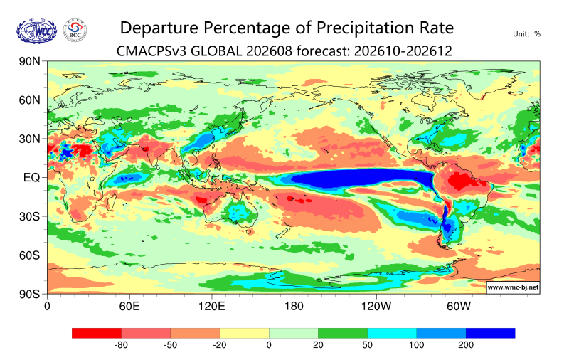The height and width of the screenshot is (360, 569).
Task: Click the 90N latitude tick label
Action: pos(29,61)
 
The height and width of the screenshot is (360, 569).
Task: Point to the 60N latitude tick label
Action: pos(29,100)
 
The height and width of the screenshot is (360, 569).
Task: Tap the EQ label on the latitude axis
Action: pos(31,178)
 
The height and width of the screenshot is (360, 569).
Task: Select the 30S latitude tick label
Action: pos(29,217)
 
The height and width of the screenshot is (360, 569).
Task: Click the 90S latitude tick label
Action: pos(29,294)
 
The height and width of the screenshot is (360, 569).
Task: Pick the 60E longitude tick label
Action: pos(129,307)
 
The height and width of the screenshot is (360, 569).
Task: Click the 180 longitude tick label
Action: pos(294,307)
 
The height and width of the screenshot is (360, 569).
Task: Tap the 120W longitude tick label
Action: pos(376,307)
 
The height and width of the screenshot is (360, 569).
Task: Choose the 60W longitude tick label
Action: pos(459,307)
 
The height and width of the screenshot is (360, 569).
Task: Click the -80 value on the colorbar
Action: pos(121,345)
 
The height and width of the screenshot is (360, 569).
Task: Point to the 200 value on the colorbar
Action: pos(466,345)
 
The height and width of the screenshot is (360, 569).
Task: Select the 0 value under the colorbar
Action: pos(269,345)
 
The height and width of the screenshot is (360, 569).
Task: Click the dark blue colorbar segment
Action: pos(490,333)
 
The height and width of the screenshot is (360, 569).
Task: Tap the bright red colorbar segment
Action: pos(97,333)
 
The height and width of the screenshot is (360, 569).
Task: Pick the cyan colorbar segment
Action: pos(392,333)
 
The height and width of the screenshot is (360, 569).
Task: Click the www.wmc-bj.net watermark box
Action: pos(513,287)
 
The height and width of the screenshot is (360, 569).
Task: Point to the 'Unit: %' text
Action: pos(526,34)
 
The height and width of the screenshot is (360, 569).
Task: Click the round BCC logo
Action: pos(75,31)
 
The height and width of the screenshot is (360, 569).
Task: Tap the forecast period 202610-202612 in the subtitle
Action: pos(403,51)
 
